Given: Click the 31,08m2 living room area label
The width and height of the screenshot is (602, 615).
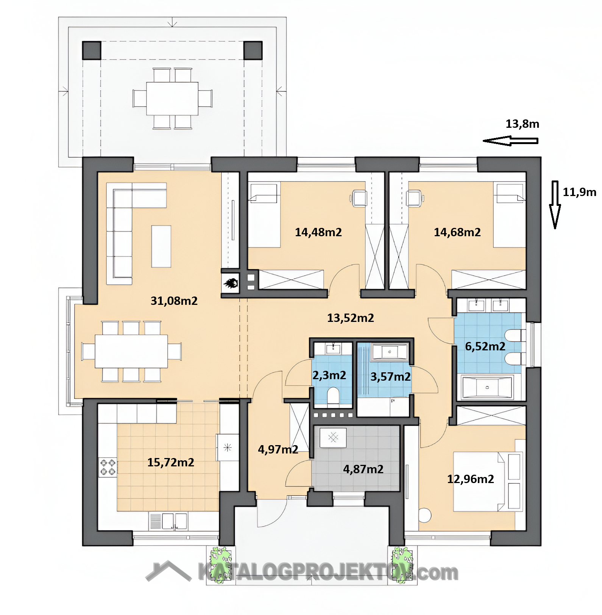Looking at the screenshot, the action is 174,301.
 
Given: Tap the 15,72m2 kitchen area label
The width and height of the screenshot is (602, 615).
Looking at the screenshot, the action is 171,462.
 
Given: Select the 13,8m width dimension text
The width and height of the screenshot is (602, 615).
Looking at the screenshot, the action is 522,124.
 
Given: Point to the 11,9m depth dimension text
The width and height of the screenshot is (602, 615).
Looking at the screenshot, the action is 579,192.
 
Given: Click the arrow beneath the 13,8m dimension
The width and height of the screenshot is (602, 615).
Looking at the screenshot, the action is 510,141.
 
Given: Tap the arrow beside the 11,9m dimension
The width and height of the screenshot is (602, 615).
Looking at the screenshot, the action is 555,205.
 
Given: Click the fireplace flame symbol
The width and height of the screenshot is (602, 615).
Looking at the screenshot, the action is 231,283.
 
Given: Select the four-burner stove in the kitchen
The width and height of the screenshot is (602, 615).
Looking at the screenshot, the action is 108,467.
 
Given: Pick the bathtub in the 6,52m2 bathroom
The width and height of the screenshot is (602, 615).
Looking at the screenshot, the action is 487,388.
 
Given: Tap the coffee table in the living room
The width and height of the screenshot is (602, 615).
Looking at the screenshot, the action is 161,246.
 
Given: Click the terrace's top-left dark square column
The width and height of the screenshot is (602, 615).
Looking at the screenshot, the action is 92,50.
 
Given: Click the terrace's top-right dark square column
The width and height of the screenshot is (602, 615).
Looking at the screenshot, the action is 253,50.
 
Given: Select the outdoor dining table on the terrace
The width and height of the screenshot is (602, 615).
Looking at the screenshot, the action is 173,99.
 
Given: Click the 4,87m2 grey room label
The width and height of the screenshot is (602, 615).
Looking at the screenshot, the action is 363,469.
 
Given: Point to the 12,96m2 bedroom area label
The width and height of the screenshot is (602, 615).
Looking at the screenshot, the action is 471,479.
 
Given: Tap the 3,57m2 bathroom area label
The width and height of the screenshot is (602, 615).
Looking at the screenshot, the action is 390,377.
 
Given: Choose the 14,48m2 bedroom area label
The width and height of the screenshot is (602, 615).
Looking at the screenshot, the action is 318,232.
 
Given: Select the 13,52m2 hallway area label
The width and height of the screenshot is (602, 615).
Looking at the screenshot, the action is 351,318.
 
